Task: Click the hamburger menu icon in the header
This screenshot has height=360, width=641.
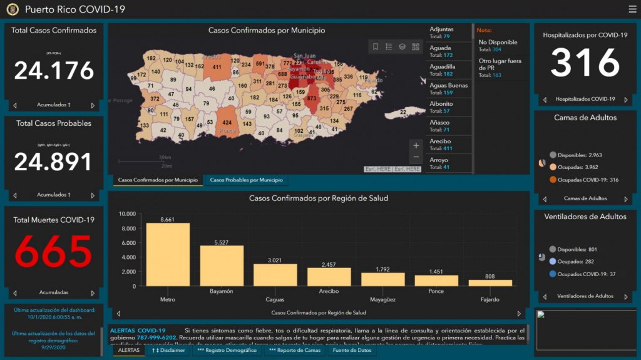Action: [x=632, y=9]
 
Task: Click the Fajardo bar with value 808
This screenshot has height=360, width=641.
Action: [x=490, y=283]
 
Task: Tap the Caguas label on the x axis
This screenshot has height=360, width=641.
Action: [x=275, y=291]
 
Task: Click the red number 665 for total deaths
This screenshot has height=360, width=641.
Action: [x=54, y=252]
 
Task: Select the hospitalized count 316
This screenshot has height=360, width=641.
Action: [x=585, y=63]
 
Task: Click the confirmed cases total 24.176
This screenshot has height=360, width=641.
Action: [x=54, y=71]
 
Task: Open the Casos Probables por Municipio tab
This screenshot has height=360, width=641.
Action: [x=246, y=180]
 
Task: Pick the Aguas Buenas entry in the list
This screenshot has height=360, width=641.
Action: [x=448, y=89]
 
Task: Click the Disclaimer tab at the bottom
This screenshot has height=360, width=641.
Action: [x=168, y=351]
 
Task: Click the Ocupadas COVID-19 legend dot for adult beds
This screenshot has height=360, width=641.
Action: [x=553, y=180]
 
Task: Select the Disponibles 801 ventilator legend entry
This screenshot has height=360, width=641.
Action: [x=573, y=249]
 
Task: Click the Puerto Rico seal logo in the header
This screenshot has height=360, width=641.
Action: [x=13, y=9]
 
